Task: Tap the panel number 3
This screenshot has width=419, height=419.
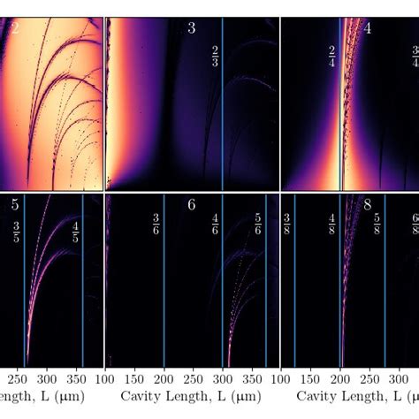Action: point(191,28)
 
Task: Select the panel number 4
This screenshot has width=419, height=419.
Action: point(367,28)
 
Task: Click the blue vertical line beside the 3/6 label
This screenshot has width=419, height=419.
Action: point(164,283)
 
